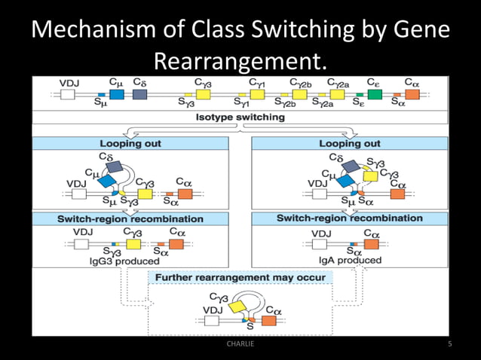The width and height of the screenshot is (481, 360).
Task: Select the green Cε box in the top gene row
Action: coord(375,94)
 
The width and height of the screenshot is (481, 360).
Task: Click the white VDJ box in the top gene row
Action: coord(68,94)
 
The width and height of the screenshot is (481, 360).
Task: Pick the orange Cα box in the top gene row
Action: coord(412,94)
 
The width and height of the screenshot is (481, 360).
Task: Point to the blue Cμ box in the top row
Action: coord(116,94)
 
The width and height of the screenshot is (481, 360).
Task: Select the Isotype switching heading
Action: coord(240,117)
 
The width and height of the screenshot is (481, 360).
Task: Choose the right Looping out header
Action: coord(349,143)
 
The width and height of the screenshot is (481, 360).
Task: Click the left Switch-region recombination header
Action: coord(130,218)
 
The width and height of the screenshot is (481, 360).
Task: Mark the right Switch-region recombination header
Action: coord(349,218)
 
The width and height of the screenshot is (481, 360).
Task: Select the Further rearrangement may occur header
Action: coord(240,277)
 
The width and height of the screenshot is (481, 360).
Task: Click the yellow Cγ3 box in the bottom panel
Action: coord(239,306)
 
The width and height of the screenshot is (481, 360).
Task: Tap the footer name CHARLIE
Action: coord(240,344)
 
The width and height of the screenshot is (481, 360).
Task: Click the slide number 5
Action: coord(449,344)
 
